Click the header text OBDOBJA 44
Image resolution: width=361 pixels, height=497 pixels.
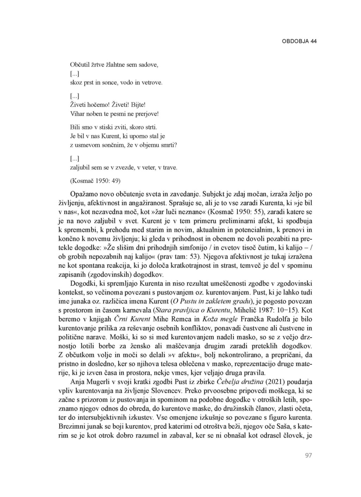coord(299,41)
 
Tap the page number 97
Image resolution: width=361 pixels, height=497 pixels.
coord(308,455)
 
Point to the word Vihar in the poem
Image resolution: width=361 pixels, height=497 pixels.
coord(78,114)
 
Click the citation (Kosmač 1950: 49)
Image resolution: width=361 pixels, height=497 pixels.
coord(95,181)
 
